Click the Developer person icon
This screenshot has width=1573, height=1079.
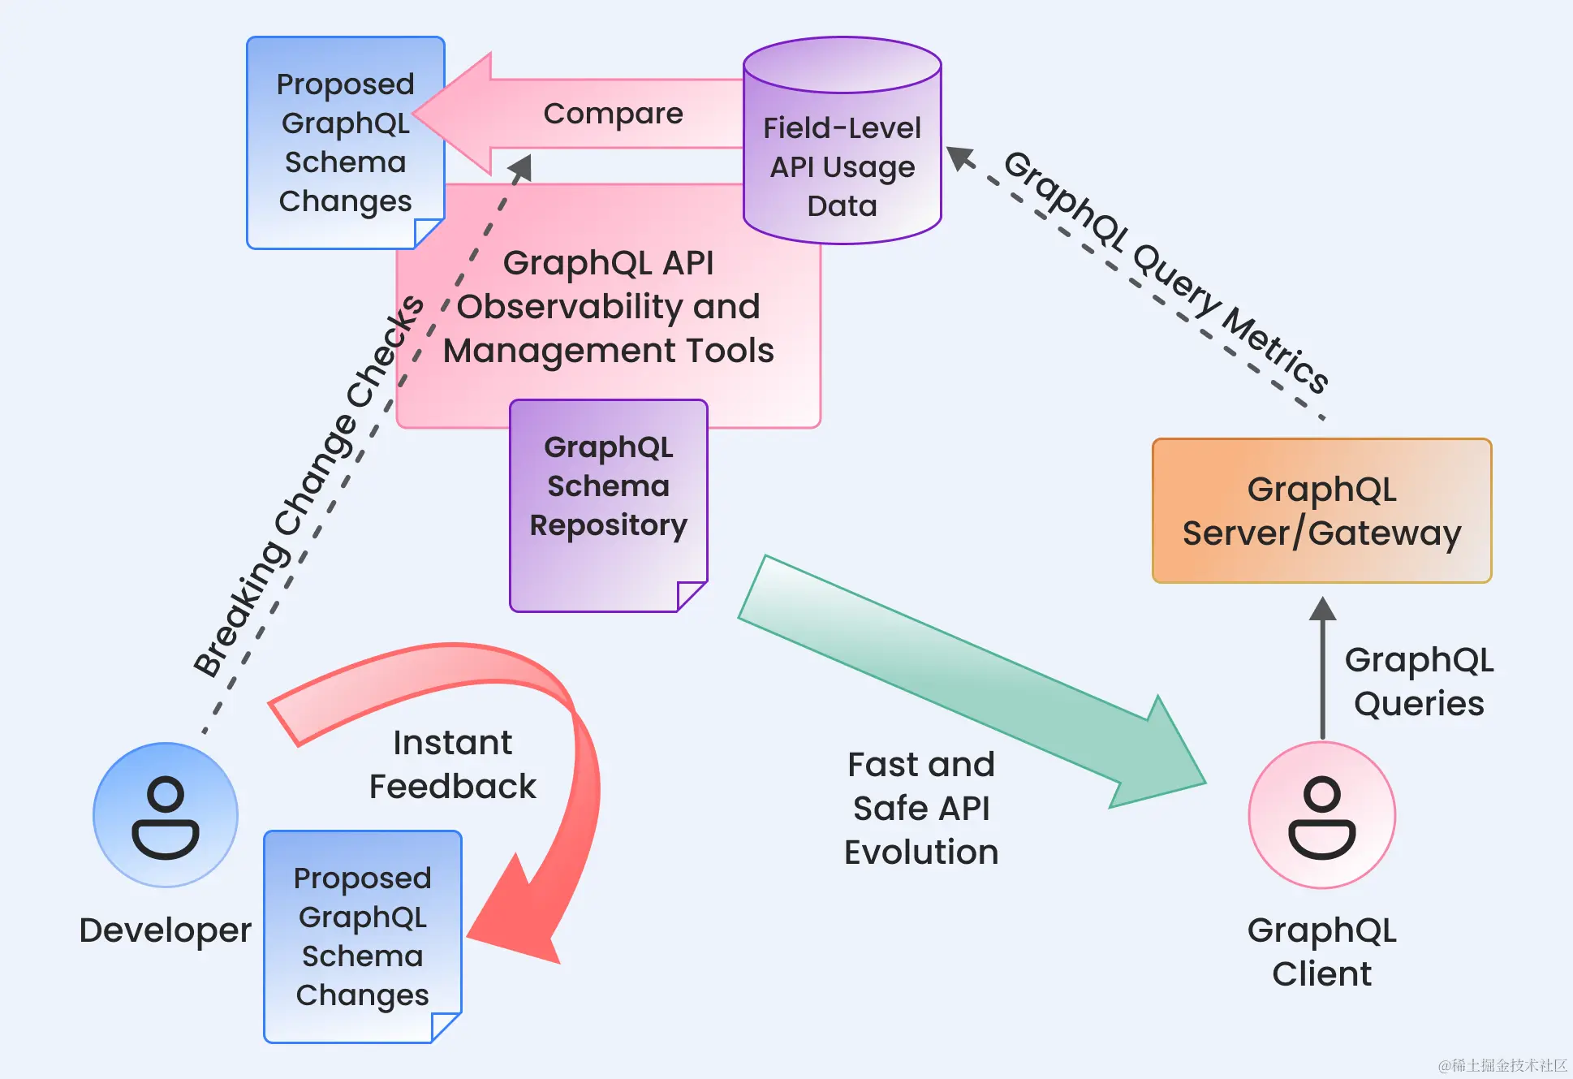point(166,815)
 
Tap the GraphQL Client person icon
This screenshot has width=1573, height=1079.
point(1321,815)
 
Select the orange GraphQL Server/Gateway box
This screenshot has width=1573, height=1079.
point(1321,511)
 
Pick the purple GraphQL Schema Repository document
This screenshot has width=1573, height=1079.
point(608,503)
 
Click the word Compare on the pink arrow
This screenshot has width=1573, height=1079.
point(613,114)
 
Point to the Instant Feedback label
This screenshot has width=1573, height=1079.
point(453,764)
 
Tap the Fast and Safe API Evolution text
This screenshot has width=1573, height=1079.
point(921,808)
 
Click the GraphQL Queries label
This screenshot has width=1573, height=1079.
point(1419,681)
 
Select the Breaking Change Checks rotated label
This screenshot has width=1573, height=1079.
point(308,487)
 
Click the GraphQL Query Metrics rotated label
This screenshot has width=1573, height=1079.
point(1166,271)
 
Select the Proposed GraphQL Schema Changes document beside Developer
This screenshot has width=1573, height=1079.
point(363,936)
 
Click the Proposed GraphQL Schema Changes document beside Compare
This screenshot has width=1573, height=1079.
point(345,142)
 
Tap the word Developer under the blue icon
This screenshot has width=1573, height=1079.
point(166,930)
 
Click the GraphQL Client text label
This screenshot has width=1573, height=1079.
point(1321,952)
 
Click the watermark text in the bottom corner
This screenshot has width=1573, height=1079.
point(1502,1065)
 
